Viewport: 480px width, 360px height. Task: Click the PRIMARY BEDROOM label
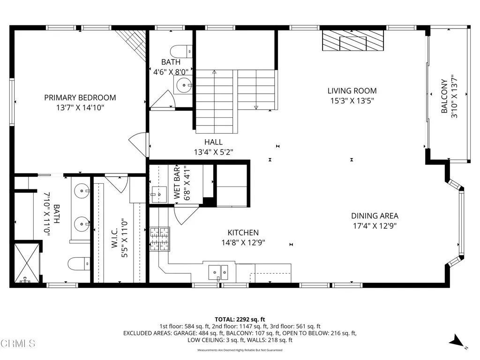(80, 97)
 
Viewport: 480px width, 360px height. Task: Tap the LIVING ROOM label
(352, 90)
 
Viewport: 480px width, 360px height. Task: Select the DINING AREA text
(375, 216)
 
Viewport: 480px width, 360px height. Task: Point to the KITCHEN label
(243, 232)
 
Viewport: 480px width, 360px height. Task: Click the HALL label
(213, 142)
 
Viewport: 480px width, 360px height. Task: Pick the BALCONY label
(444, 97)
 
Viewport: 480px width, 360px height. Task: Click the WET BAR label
(177, 183)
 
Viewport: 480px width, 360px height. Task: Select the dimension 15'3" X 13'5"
(352, 100)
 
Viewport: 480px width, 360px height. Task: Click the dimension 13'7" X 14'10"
(80, 107)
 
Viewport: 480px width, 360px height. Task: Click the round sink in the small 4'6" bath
(183, 85)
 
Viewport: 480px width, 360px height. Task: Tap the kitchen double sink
(218, 271)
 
